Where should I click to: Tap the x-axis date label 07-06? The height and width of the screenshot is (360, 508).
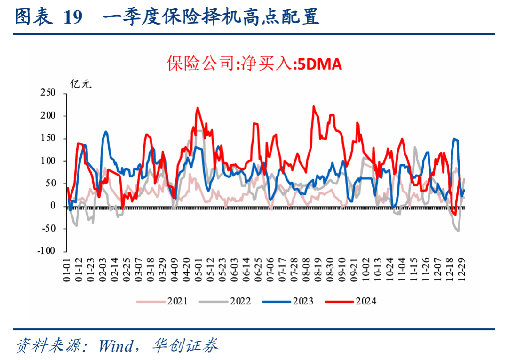270,269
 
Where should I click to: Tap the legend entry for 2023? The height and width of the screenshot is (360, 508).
303,301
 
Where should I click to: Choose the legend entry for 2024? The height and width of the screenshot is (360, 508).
366,301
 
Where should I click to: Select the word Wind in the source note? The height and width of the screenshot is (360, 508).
115,346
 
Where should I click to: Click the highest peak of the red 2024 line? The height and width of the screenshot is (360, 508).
314,106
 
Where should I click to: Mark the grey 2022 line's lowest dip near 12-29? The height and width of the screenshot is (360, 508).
458,231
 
